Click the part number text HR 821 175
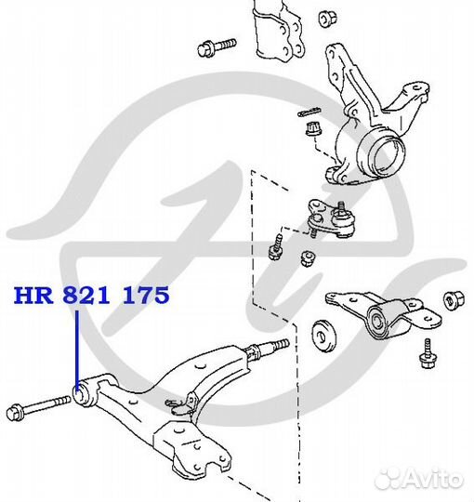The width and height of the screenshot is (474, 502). [91, 295]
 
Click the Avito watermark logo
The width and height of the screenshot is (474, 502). [419, 479]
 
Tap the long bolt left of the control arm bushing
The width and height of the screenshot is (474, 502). [38, 406]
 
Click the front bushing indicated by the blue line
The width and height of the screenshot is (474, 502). [81, 393]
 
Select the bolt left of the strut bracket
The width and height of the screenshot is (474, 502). [217, 47]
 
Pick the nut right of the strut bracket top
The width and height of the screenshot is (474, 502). [328, 19]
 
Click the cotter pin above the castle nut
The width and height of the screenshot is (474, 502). [309, 112]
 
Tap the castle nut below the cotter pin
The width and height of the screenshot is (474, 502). [313, 129]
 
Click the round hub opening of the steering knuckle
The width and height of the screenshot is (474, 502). [383, 154]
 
